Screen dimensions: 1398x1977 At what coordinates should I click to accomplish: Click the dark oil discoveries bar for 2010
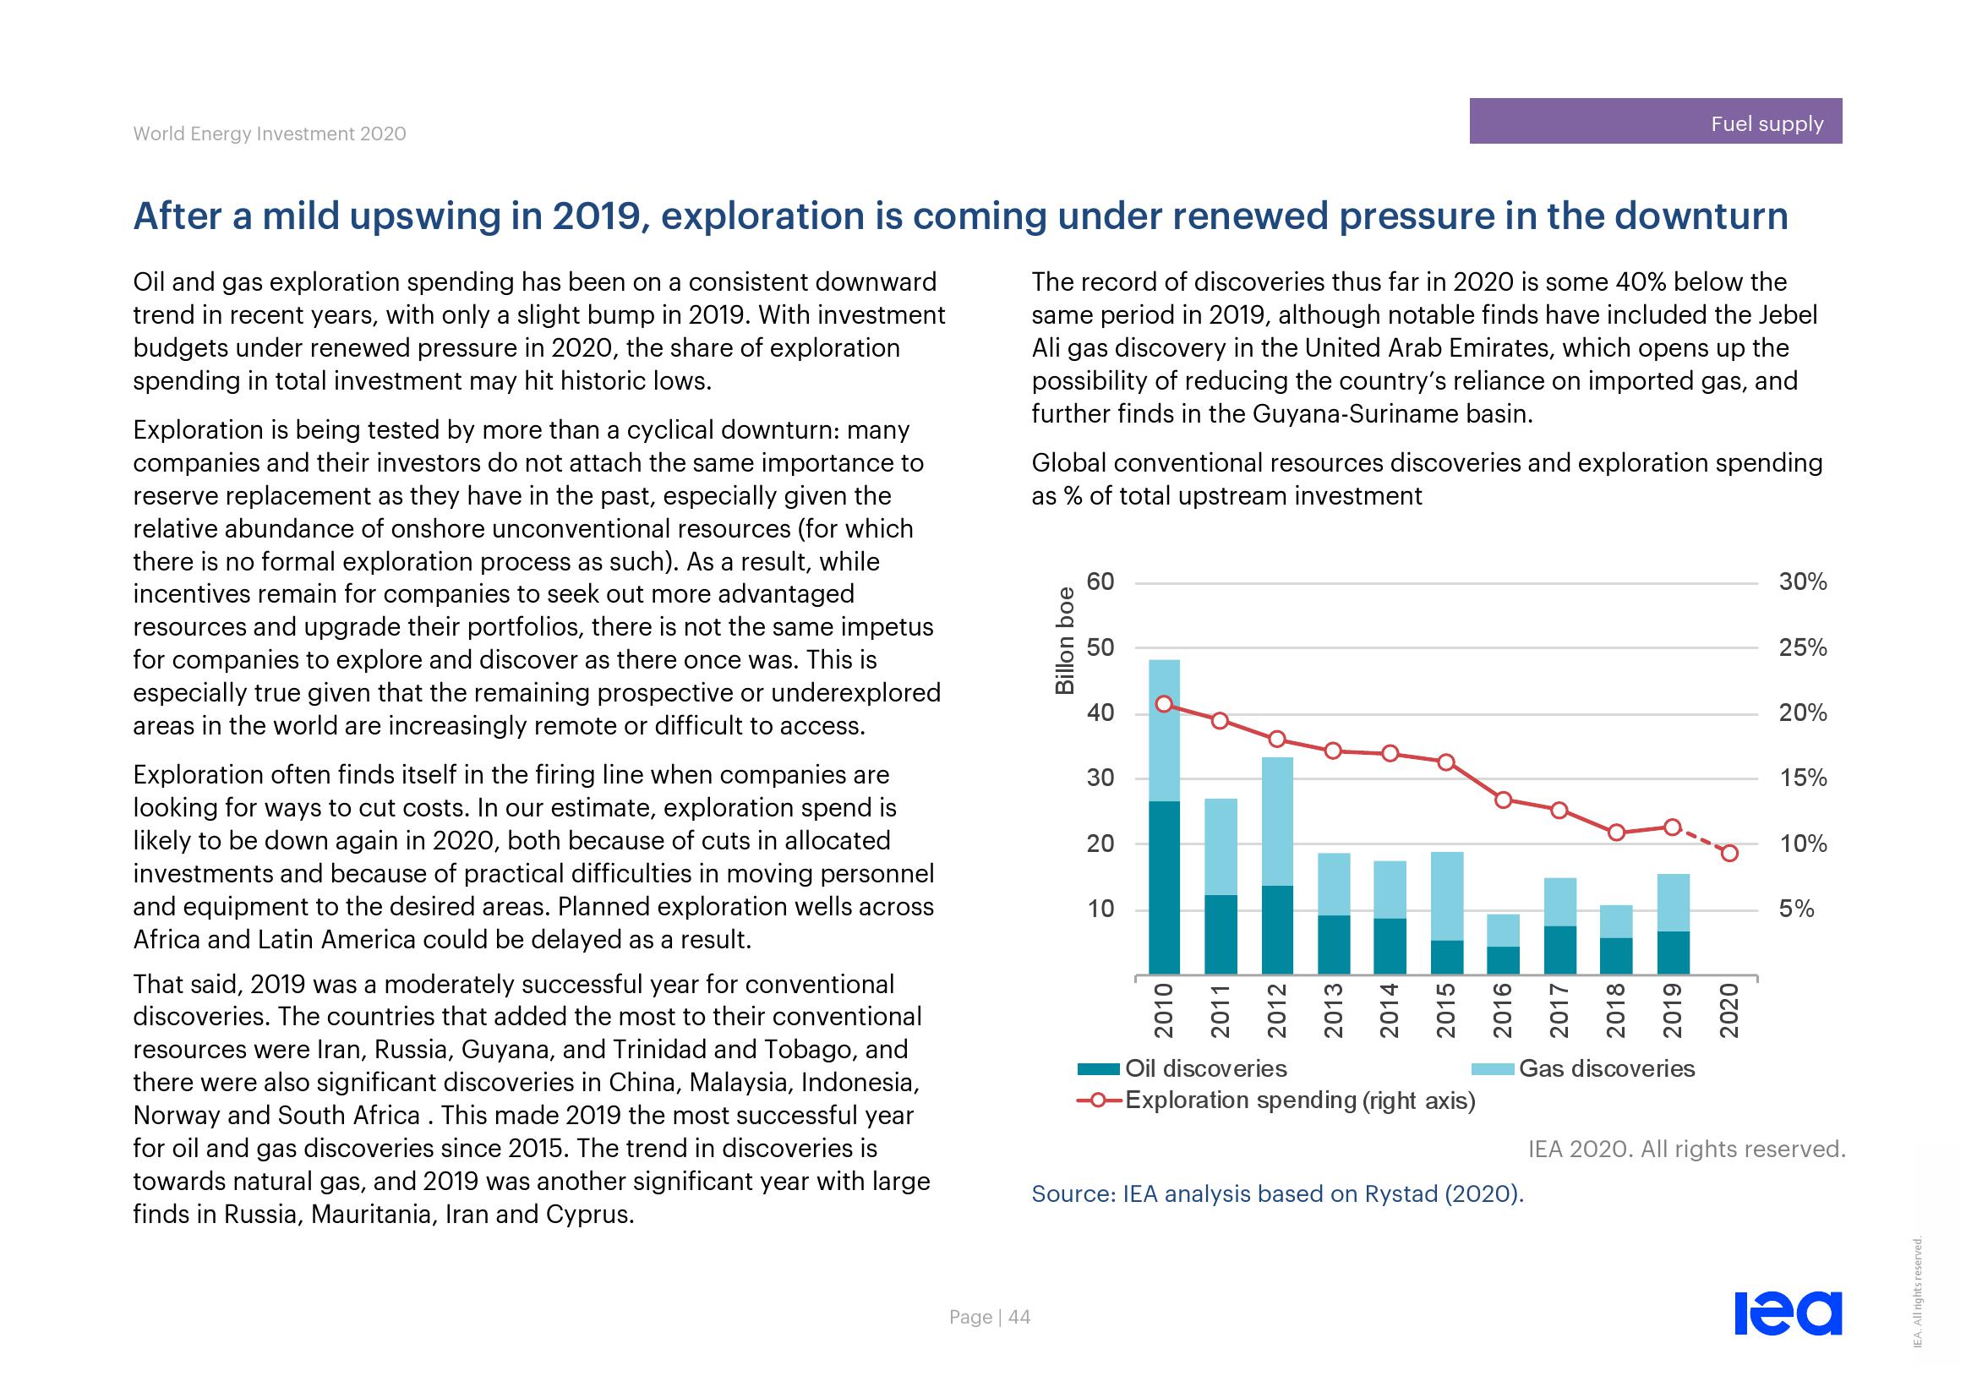pyautogui.click(x=1164, y=887)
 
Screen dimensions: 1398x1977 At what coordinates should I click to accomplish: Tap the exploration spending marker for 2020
pyautogui.click(x=1730, y=853)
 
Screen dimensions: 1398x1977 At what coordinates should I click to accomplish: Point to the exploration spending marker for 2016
pyautogui.click(x=1504, y=800)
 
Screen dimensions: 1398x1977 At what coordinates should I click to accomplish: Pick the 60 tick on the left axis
pyautogui.click(x=1100, y=582)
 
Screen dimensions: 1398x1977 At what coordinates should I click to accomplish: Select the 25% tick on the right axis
pyautogui.click(x=1802, y=647)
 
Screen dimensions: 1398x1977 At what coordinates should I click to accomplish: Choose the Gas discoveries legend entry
pyautogui.click(x=1584, y=1068)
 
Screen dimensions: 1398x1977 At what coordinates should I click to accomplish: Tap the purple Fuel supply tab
pyautogui.click(x=1655, y=122)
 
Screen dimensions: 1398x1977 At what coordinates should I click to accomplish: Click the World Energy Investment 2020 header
pyautogui.click(x=270, y=134)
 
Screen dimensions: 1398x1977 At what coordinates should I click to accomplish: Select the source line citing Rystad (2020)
pyautogui.click(x=1277, y=1193)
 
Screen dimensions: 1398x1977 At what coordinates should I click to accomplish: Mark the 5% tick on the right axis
pyautogui.click(x=1796, y=909)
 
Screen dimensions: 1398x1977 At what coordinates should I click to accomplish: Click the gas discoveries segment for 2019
pyautogui.click(x=1672, y=902)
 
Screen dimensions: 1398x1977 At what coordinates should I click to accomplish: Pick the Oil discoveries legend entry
pyautogui.click(x=1184, y=1068)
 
